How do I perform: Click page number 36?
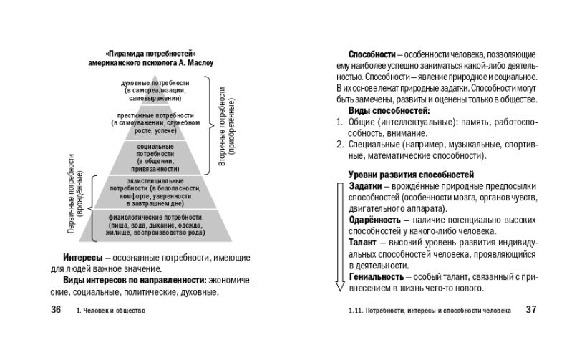coord(55,310)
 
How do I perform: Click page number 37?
coord(530,310)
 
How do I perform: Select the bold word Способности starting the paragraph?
coord(372,54)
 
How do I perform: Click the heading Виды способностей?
coord(389,111)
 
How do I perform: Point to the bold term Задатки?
coord(365,186)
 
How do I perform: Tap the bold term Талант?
coord(364,243)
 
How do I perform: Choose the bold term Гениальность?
coord(377,276)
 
